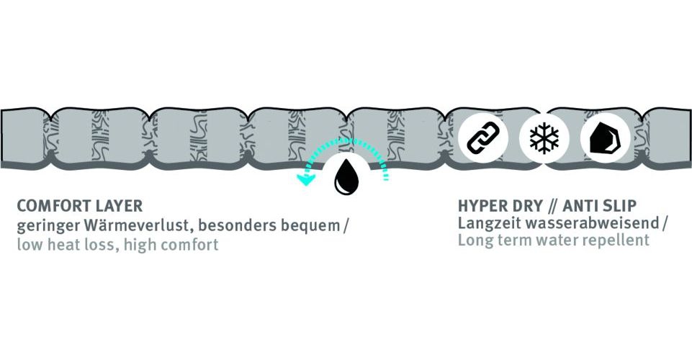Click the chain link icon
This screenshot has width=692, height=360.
(483, 138)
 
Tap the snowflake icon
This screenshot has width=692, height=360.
(544, 138)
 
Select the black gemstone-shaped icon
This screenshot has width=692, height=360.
(605, 138)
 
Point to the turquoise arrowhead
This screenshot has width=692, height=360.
(305, 179)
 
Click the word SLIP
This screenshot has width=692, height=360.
(619, 206)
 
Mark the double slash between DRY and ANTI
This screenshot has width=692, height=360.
(552, 206)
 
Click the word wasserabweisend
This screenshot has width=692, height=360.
(592, 222)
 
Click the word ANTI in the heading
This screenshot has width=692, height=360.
(580, 206)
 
